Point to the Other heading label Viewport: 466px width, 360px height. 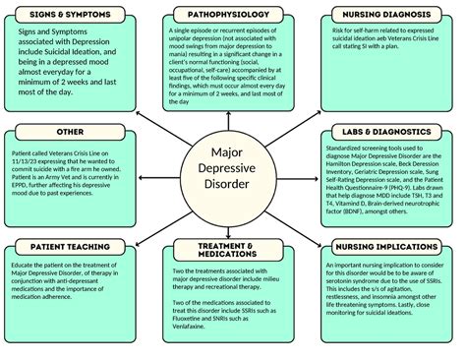coord(70,131)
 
